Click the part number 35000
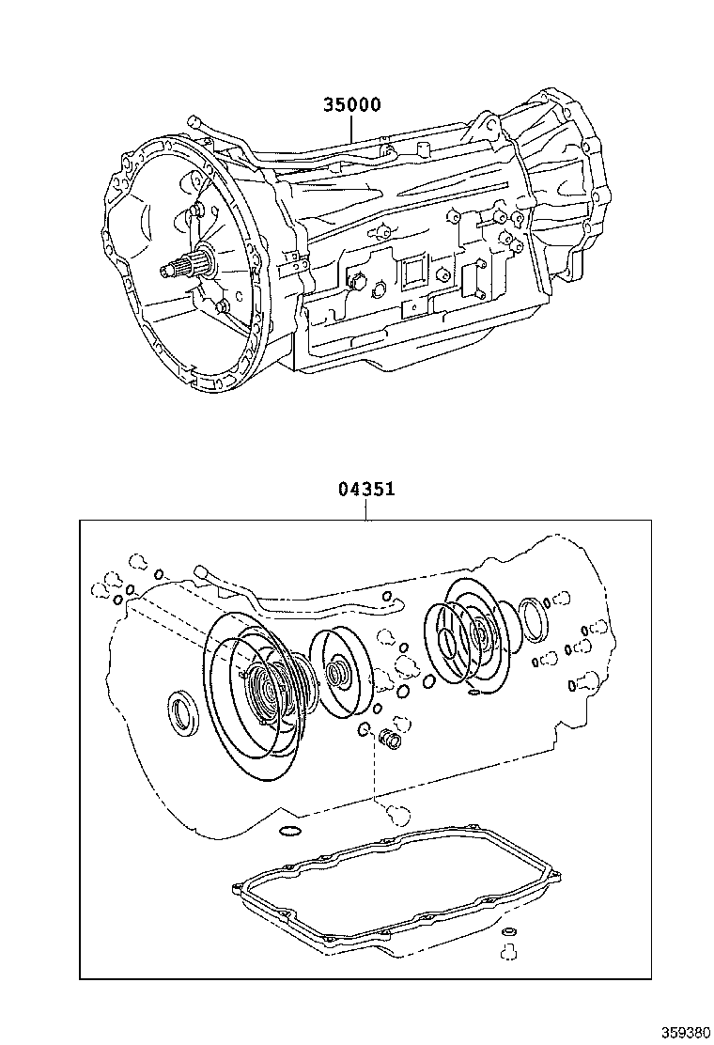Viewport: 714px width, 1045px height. click(x=352, y=105)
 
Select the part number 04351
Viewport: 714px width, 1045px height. click(x=365, y=490)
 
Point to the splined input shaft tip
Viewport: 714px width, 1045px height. click(x=178, y=270)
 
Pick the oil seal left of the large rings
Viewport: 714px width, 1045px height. click(x=182, y=711)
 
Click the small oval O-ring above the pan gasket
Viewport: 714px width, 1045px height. click(x=290, y=831)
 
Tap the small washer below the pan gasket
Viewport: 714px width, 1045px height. click(x=508, y=932)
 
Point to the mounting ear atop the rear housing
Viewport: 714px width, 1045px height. click(x=486, y=124)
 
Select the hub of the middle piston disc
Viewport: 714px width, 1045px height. click(x=336, y=673)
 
